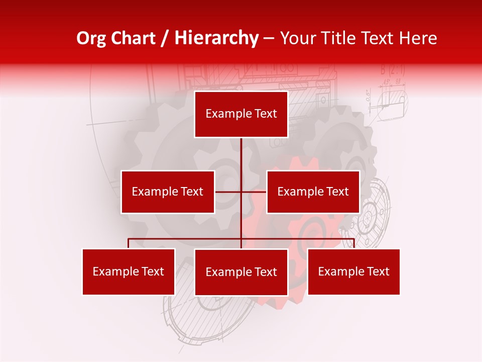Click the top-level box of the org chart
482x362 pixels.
(x=241, y=114)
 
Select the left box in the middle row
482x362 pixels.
(x=168, y=192)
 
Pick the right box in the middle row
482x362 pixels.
(x=313, y=192)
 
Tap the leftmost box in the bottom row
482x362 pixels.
(x=129, y=271)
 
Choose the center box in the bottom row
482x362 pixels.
(x=241, y=272)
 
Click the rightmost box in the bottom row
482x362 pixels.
(x=353, y=271)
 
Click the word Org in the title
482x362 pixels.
(x=91, y=38)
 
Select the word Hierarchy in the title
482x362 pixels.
(x=216, y=38)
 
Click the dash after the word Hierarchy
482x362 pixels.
(x=269, y=39)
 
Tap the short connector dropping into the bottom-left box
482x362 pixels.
(x=129, y=243)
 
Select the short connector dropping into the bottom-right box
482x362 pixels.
(x=354, y=243)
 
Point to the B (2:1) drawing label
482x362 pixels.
(x=393, y=69)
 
